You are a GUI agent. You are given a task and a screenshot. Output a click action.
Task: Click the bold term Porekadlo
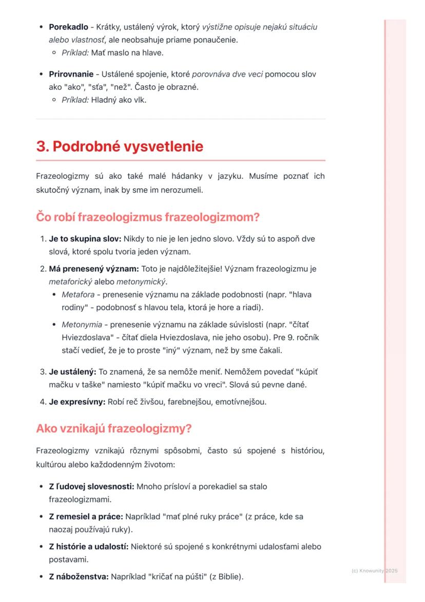(68, 27)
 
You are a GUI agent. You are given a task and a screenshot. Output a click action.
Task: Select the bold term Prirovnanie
(71, 74)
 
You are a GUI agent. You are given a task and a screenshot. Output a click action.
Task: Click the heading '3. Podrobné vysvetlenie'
(120, 147)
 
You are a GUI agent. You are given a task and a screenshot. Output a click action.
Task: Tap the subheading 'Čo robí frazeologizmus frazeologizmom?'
(148, 217)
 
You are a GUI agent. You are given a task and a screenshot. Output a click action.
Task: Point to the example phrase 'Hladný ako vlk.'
(119, 100)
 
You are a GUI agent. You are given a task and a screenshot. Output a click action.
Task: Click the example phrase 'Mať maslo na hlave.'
(127, 52)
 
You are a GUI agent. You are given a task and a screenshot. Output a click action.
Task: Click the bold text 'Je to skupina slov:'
(85, 239)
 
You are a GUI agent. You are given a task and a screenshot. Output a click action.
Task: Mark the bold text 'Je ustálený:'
(72, 372)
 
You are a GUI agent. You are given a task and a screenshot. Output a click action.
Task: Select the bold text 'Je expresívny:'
(77, 402)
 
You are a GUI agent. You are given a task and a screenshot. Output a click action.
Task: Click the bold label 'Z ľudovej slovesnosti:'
(91, 486)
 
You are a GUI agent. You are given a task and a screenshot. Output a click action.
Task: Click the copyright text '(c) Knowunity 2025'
(375, 571)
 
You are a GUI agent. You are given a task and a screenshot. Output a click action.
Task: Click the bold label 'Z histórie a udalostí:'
(88, 546)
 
